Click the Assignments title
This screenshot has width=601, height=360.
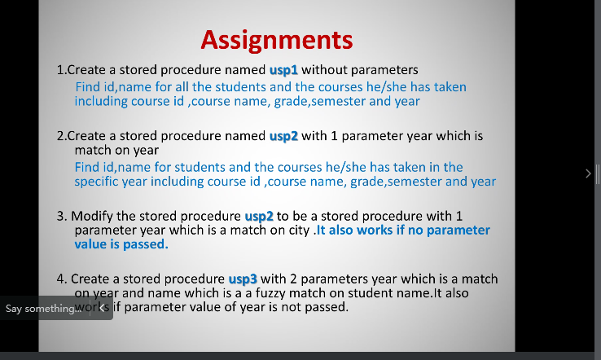tap(276, 39)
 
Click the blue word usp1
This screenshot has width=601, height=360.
tap(283, 70)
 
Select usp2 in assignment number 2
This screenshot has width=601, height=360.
tap(283, 136)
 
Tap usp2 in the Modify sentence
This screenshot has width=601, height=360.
tap(259, 216)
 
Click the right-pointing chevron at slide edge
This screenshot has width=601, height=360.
tap(588, 173)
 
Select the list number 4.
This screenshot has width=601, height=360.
tap(60, 279)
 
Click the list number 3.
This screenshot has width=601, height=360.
tap(60, 216)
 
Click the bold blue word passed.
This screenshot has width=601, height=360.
tap(146, 244)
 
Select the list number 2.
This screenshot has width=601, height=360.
tap(60, 136)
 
